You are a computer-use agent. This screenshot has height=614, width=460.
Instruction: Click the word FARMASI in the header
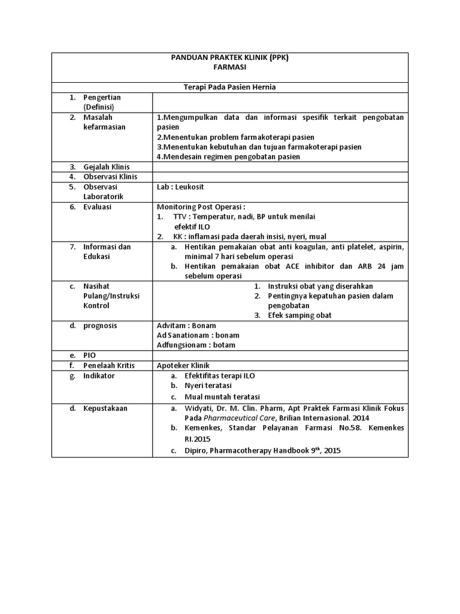[229, 68]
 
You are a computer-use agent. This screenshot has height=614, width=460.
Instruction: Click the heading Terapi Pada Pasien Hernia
[229, 88]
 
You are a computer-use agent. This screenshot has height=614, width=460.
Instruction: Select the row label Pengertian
[102, 97]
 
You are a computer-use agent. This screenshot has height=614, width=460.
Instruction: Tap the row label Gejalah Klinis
[106, 167]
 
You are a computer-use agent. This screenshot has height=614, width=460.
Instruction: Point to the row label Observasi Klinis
[110, 177]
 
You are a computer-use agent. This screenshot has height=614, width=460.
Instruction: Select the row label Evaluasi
[98, 207]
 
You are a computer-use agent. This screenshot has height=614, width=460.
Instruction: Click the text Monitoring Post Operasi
[201, 207]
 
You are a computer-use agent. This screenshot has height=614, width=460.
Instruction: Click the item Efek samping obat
[299, 315]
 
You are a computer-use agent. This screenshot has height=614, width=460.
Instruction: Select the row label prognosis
[100, 326]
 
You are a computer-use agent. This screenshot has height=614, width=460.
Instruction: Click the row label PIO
[89, 355]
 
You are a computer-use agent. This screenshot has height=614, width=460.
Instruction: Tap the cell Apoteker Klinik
[183, 365]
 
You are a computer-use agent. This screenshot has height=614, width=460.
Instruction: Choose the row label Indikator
[99, 375]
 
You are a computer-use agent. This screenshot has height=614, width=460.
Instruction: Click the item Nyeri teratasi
[208, 386]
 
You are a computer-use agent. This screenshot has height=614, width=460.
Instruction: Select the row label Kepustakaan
[105, 408]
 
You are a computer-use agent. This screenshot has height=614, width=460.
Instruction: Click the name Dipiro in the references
[196, 451]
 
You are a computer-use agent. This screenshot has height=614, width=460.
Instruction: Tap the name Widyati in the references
[199, 408]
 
